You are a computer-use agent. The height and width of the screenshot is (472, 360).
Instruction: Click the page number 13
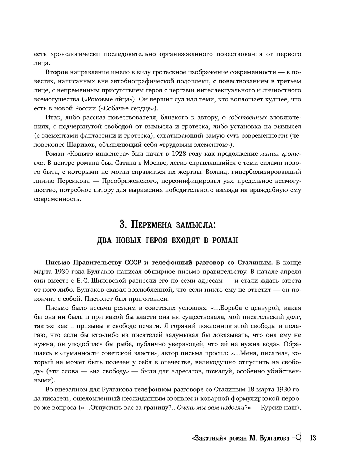[x=312, y=438]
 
